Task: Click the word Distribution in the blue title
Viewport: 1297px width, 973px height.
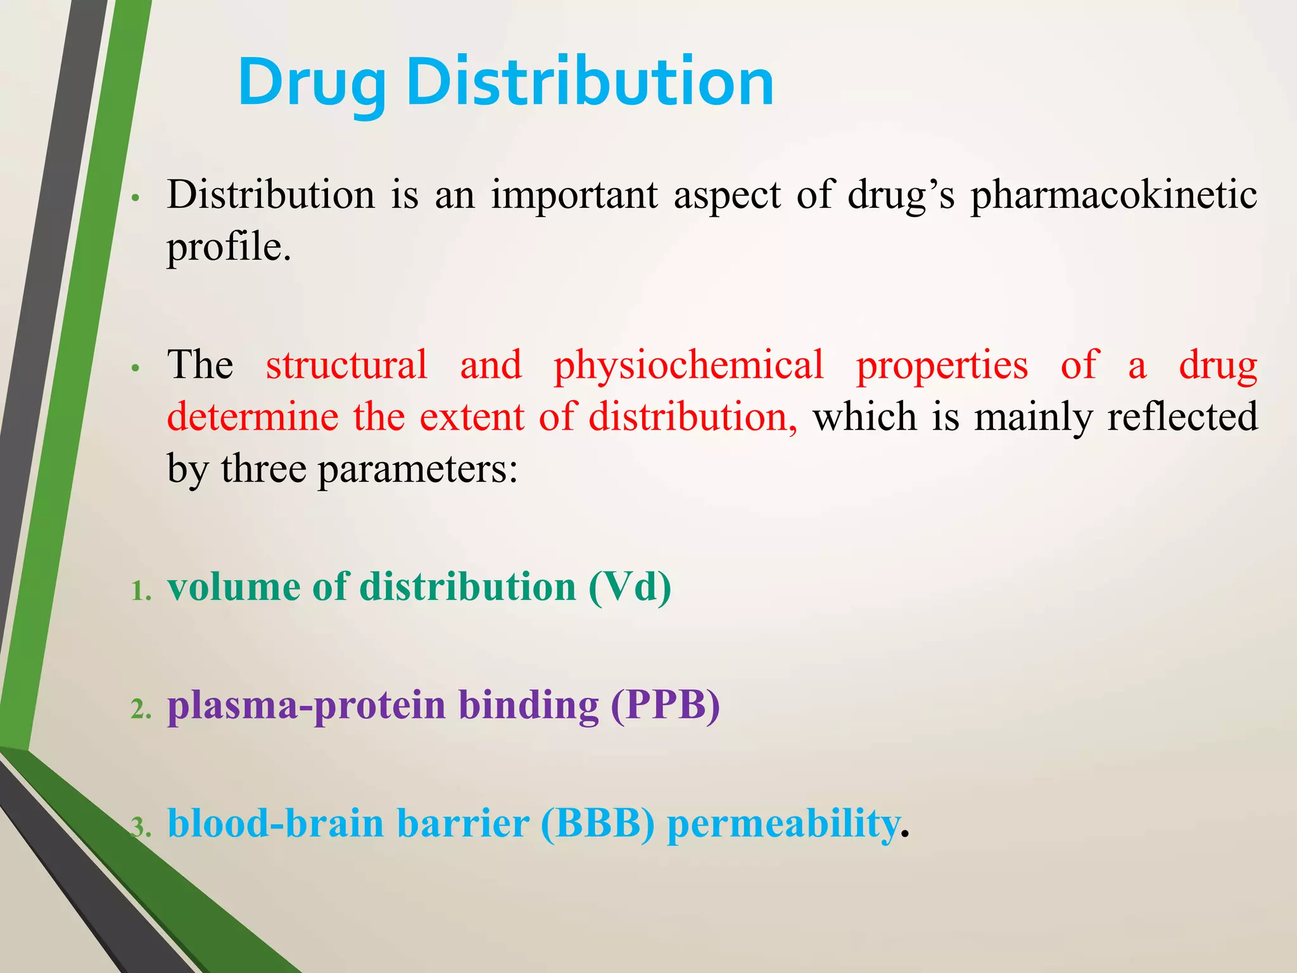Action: coord(589,82)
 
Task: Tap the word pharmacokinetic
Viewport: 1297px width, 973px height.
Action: coord(1113,195)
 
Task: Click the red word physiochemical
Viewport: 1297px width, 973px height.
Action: coord(688,366)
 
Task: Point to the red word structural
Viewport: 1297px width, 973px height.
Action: coord(346,366)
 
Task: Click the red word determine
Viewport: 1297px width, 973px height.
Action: coord(253,417)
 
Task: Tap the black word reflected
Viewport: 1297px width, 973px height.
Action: coord(1182,417)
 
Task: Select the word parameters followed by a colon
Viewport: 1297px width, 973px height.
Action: coord(417,471)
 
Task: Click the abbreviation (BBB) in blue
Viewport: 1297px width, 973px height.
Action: coord(597,824)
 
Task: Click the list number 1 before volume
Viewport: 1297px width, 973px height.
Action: coord(140,591)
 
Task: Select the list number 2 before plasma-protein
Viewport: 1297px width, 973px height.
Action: coord(140,709)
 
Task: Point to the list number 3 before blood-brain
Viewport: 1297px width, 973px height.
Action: coord(140,828)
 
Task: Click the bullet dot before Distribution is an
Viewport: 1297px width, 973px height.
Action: coord(135,198)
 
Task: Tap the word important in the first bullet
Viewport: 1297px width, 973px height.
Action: coord(574,195)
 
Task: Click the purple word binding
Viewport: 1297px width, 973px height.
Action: coord(528,705)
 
